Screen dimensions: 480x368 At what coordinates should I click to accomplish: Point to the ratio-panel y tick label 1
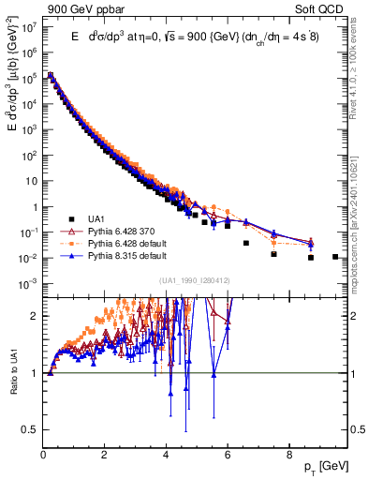[35, 373]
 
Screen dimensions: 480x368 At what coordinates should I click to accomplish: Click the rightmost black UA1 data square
[334, 256]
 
